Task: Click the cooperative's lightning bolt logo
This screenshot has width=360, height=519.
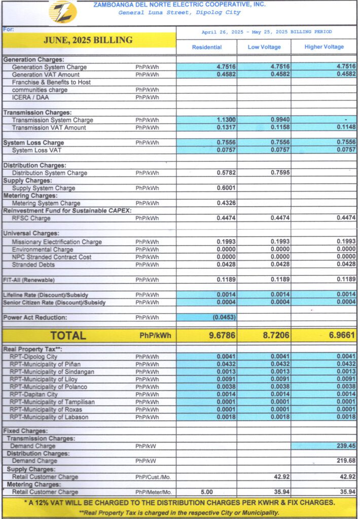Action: click(63, 11)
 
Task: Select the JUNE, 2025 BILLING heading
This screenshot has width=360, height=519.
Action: click(88, 40)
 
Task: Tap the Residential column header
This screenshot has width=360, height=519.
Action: click(206, 47)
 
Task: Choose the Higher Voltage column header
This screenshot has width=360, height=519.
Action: click(324, 47)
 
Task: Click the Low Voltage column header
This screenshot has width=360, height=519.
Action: click(264, 47)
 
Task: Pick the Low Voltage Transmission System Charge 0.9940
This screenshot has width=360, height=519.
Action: click(279, 120)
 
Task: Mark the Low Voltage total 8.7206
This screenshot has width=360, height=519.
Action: click(274, 335)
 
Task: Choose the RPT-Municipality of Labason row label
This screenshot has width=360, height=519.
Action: click(49, 417)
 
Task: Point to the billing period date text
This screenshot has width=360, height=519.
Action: click(267, 32)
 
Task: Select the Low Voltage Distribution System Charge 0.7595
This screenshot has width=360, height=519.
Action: click(279, 173)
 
